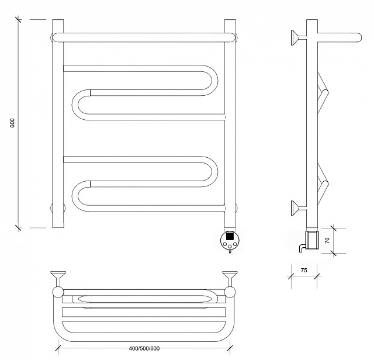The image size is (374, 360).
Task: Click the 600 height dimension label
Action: tap(12, 123)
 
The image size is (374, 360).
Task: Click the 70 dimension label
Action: tap(327, 240)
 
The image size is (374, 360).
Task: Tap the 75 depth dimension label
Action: tap(304, 271)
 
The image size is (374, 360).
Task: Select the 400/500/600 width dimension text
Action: tap(144, 348)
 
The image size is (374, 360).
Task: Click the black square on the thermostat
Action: tap(230, 236)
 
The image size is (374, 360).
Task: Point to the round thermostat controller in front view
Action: tap(230, 240)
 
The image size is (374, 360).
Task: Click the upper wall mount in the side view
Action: tap(298, 37)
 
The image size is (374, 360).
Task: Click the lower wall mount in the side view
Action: tap(298, 208)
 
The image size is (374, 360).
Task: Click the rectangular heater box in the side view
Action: tap(313, 240)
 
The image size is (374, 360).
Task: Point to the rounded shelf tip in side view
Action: tap(358, 37)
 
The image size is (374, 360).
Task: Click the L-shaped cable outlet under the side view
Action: tap(301, 247)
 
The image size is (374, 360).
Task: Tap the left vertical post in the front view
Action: tap(58, 123)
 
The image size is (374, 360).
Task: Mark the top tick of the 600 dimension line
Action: tap(19, 19)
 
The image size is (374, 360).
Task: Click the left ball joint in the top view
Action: tap(58, 292)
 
